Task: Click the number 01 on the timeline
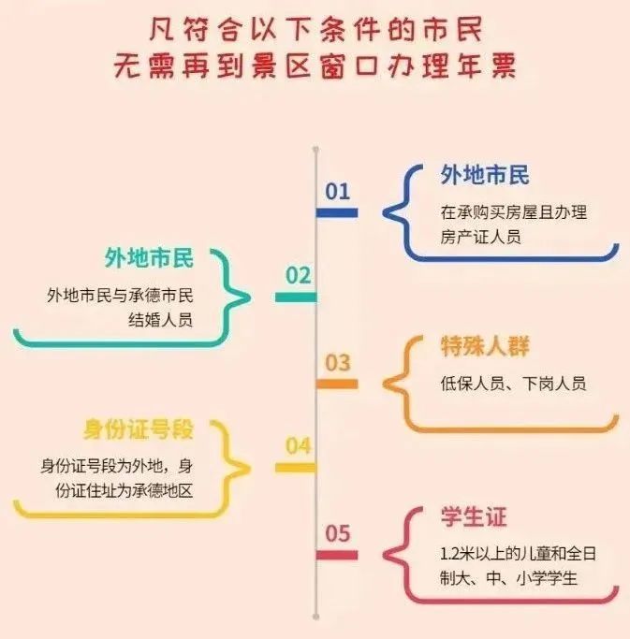tap(337, 192)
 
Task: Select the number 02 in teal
tap(298, 276)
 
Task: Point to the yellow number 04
tap(298, 446)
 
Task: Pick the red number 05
tap(337, 534)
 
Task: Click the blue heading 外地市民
tap(484, 175)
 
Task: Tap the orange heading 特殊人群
tap(484, 347)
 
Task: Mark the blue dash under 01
tap(337, 213)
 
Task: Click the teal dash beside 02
tap(296, 298)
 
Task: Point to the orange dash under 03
tap(337, 384)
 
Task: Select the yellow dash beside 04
tap(296, 468)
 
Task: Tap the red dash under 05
tap(337, 556)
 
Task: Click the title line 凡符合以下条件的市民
tap(315, 30)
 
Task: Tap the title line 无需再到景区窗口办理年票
tap(315, 66)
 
